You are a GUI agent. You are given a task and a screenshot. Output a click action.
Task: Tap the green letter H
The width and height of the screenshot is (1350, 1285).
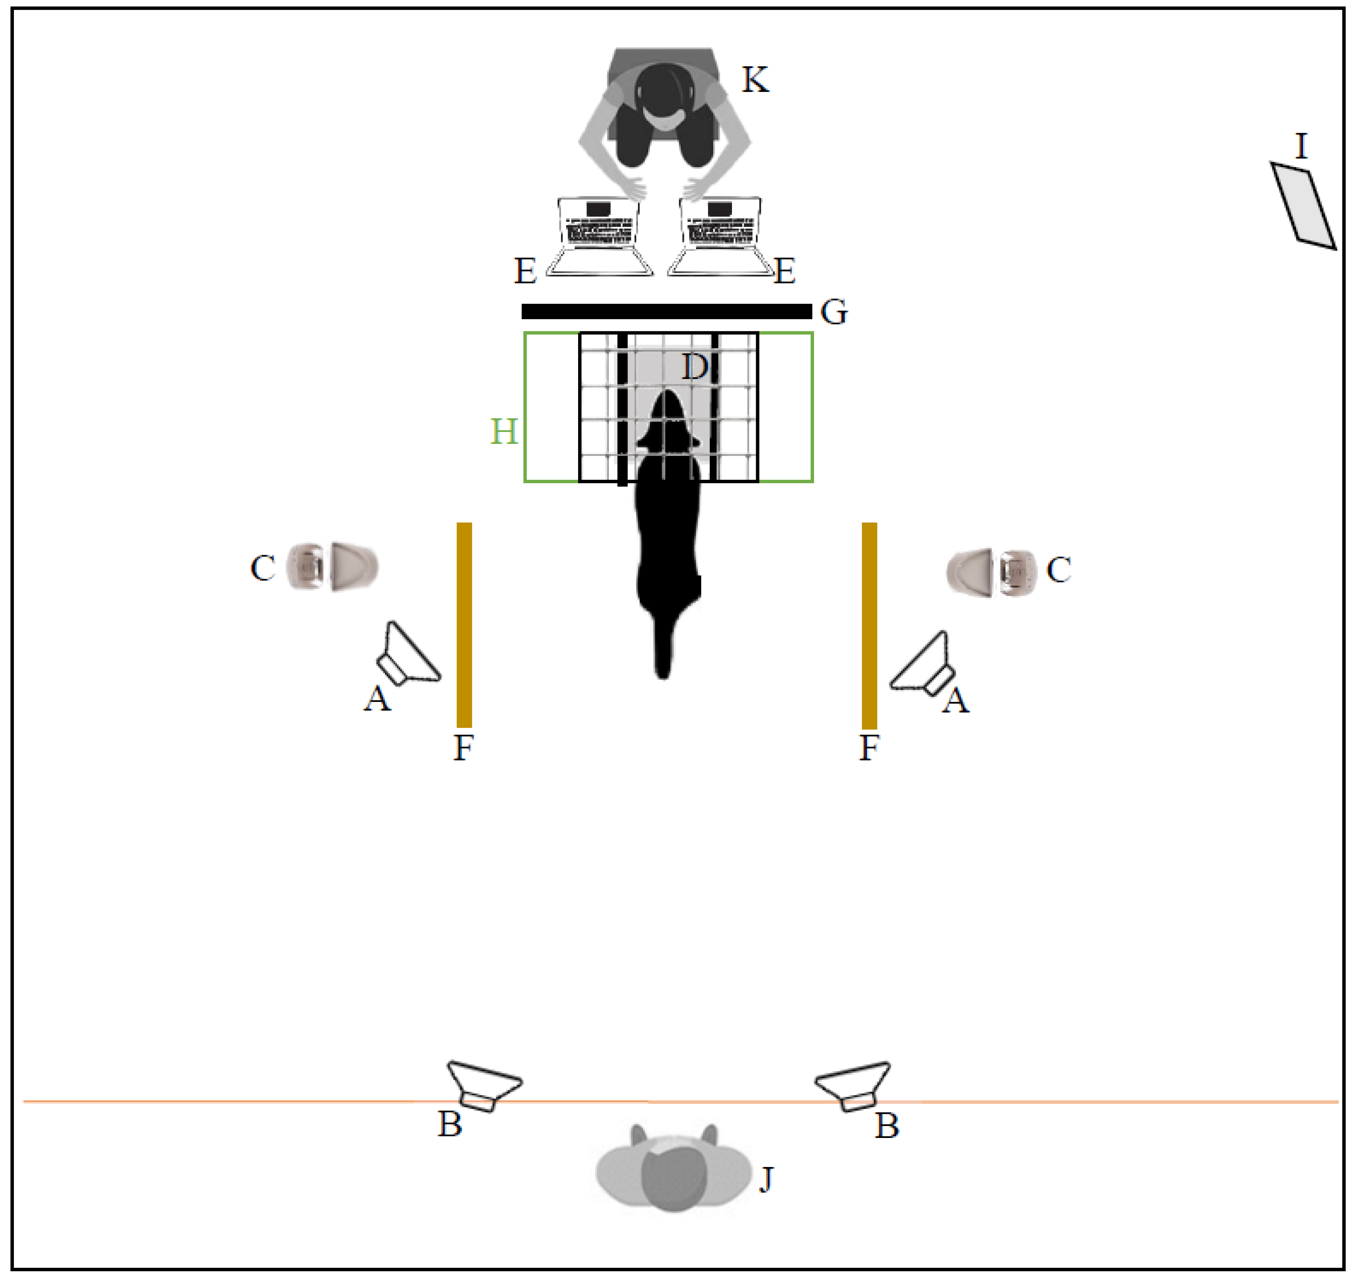click(x=504, y=431)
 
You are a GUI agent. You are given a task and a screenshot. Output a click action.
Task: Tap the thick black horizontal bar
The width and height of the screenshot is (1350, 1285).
click(x=667, y=312)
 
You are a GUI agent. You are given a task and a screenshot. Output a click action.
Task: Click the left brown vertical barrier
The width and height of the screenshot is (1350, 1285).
click(x=464, y=625)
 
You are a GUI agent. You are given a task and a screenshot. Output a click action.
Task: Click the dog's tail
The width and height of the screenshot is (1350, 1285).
click(x=663, y=644)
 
